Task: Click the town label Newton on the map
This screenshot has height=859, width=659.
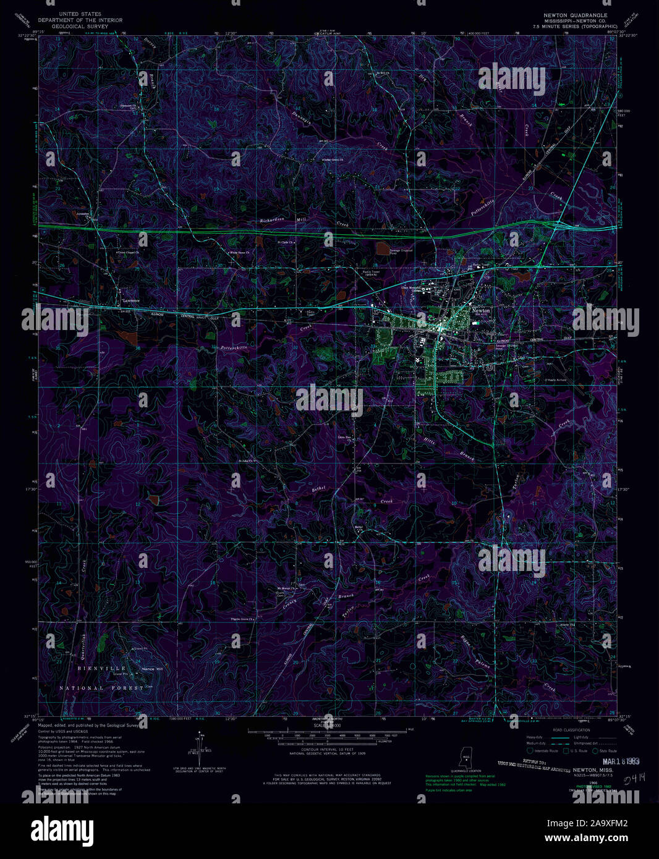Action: click(x=480, y=310)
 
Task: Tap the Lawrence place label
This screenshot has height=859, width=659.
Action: click(x=130, y=300)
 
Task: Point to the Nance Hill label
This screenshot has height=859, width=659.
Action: click(x=152, y=669)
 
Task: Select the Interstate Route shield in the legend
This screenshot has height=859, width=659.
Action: click(x=529, y=751)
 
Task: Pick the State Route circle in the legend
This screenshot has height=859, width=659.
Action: click(x=595, y=751)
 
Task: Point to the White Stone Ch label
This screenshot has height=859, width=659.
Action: click(x=239, y=253)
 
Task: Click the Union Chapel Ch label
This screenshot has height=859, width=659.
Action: click(x=130, y=253)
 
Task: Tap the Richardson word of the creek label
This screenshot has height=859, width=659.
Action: click(x=276, y=221)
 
